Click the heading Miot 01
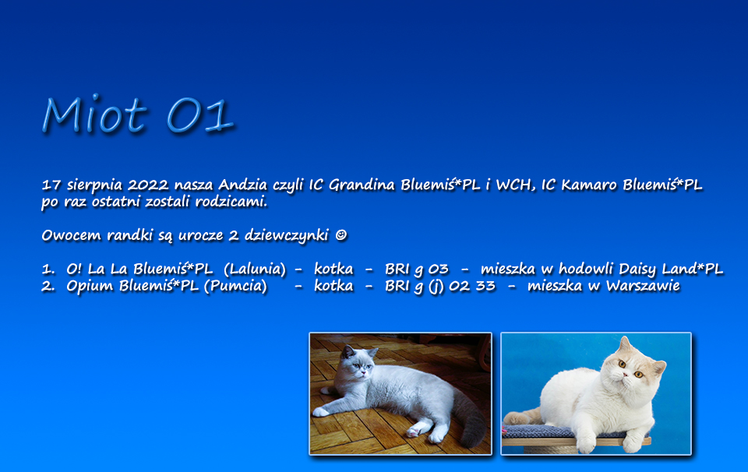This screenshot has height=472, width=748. pos(139,114)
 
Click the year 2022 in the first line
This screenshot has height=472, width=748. pos(148,185)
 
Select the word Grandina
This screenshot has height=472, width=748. pos(362,185)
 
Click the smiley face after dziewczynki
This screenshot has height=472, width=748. pos(340,235)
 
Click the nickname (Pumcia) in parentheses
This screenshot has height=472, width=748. pos(235,286)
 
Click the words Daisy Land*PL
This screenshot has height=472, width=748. pos(671,269)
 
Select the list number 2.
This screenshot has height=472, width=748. pos(48,287)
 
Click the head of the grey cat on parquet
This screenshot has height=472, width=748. pos(358,364)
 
